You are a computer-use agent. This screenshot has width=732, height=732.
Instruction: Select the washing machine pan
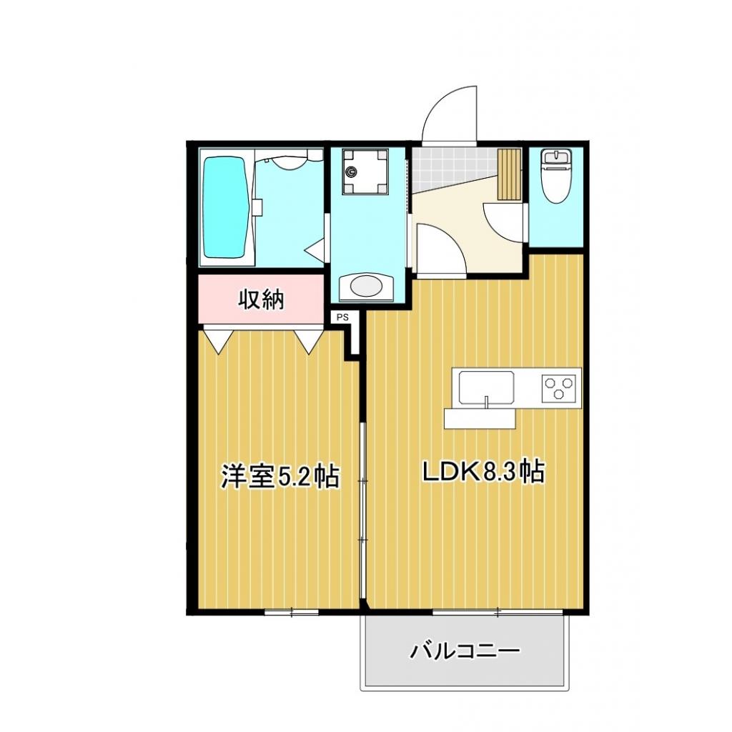pos(365,172)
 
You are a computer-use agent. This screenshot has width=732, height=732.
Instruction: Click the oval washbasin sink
pos(367,287)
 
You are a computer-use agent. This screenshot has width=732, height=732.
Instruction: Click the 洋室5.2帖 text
pos(280,477)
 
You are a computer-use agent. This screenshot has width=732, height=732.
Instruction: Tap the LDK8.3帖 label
pos(484,472)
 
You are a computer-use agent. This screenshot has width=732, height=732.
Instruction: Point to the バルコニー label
pos(464,651)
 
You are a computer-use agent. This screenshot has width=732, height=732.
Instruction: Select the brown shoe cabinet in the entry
pos(510,174)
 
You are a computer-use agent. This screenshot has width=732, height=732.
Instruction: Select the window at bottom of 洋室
pos(292,611)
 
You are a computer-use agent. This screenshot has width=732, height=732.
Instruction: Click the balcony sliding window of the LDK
pos(498,611)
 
